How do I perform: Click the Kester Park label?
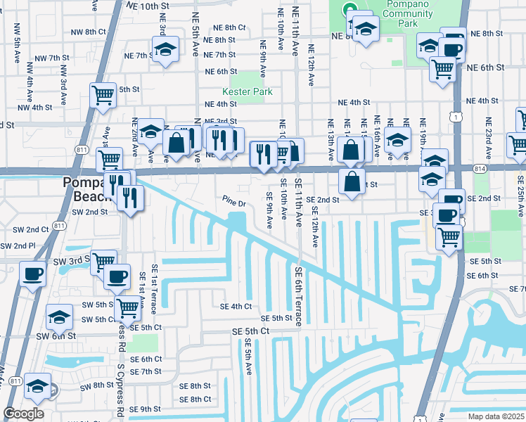click(247, 91)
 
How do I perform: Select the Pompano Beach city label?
click(85, 188)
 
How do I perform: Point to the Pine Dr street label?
click(233, 204)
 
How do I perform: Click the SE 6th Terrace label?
click(299, 296)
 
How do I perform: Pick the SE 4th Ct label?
click(236, 306)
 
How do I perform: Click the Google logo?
click(23, 414)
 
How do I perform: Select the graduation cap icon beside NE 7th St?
click(165, 49)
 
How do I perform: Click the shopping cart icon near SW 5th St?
click(127, 307)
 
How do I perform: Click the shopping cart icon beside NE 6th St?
click(442, 68)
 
